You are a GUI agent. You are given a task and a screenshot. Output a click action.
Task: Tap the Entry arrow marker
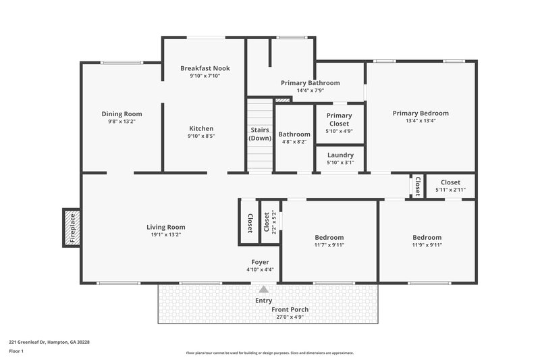click(x=263, y=288)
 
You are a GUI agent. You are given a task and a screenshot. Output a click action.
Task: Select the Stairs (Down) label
click(x=260, y=133)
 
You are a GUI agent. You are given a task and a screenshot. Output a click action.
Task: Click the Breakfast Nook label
click(x=205, y=68)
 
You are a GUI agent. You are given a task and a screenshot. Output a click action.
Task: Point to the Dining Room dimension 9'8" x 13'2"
click(x=122, y=122)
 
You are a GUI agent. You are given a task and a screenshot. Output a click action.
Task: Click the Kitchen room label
click(x=201, y=128)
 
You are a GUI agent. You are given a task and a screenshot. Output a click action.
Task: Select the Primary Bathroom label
click(x=310, y=83)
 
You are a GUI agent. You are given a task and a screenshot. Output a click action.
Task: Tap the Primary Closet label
click(x=340, y=120)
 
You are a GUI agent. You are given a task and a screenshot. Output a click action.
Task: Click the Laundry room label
click(x=340, y=155)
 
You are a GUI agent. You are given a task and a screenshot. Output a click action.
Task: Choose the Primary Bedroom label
click(x=421, y=113)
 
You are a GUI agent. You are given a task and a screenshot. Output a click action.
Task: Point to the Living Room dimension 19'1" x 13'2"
click(x=166, y=235)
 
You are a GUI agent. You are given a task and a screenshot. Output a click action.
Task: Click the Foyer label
click(x=260, y=262)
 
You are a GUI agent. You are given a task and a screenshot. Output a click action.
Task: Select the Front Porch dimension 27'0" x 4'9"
click(x=290, y=316)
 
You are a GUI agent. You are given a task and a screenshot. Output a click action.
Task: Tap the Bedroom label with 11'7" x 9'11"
click(x=329, y=238)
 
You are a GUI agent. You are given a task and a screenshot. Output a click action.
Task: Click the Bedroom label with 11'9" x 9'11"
click(x=427, y=238)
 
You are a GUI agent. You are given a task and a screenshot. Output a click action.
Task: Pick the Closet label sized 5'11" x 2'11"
click(x=451, y=182)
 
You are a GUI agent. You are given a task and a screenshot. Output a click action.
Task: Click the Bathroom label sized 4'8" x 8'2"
click(x=294, y=134)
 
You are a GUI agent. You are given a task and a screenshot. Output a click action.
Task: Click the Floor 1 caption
click(x=17, y=352)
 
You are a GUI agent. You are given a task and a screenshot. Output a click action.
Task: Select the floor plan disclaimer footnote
click(x=270, y=353)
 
